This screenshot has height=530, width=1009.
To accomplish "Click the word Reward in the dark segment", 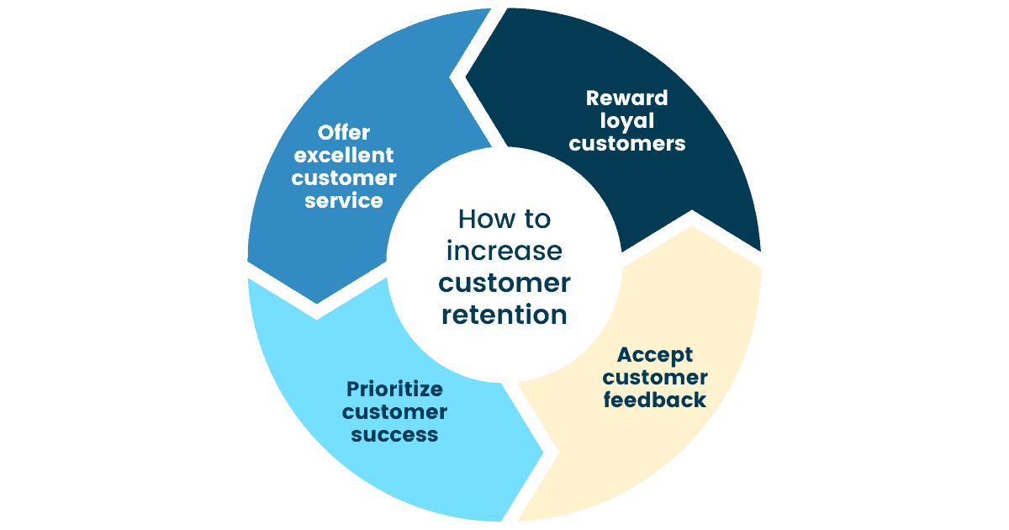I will (x=627, y=98).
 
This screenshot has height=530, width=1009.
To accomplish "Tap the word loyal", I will (x=627, y=120).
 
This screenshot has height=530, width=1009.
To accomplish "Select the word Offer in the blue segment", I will (x=344, y=133).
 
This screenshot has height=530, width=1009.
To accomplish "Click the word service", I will (x=344, y=201).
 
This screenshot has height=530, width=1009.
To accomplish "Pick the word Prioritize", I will (x=394, y=390).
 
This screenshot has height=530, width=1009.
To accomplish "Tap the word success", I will (x=394, y=435).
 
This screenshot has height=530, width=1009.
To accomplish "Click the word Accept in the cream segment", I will (x=655, y=354).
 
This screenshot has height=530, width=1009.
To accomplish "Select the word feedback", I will (x=655, y=400).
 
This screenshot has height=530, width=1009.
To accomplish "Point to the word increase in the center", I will (x=504, y=251).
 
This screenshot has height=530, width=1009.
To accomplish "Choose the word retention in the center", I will (x=504, y=315).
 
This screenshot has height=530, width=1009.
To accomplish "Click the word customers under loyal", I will (x=627, y=144).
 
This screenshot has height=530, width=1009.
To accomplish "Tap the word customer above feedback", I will (x=655, y=377).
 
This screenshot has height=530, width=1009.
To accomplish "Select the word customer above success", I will (x=394, y=412).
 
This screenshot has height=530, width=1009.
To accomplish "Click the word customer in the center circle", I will (x=504, y=283).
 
